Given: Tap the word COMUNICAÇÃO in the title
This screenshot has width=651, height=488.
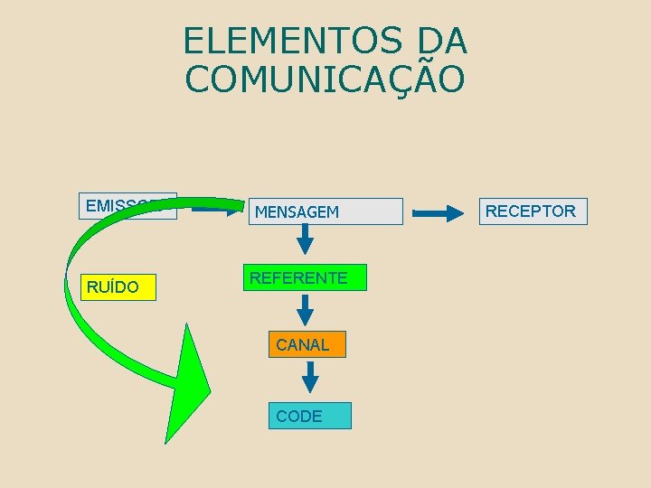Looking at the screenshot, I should [325, 80].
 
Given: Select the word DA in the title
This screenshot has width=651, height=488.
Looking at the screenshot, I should [443, 41].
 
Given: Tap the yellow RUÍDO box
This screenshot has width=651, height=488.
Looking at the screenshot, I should [118, 287].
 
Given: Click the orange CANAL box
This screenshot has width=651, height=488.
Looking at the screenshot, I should [307, 344].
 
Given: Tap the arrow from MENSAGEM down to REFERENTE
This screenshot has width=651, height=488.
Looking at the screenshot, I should [306, 239].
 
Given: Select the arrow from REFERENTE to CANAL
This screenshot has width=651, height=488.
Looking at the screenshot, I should [306, 309].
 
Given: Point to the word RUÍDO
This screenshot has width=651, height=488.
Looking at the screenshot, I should [113, 287].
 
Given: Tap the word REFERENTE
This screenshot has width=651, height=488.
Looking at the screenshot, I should [298, 278].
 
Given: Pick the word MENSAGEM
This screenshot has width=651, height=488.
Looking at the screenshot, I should [297, 212].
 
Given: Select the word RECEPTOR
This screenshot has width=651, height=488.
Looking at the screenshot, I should [530, 211].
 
